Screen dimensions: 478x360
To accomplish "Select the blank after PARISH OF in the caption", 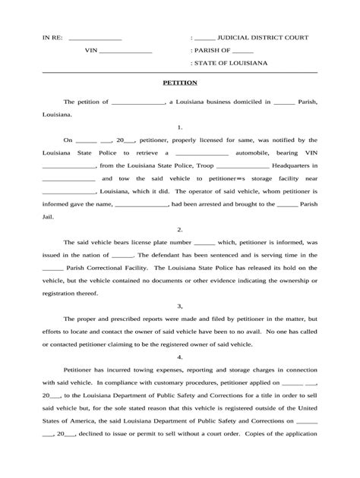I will click(x=245, y=51).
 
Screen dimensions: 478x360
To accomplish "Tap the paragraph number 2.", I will click(x=180, y=228).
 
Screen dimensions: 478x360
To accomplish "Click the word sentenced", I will click(x=230, y=255).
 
